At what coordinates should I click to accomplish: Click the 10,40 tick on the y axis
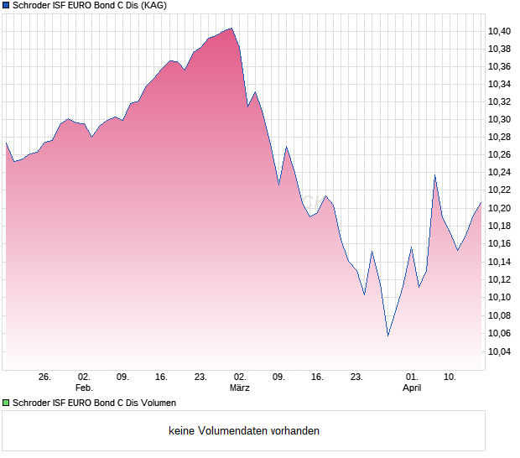click(500, 31)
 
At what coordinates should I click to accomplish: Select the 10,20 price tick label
click(500, 208)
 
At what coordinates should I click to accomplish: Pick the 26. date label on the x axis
click(44, 377)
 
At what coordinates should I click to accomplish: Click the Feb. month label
click(83, 388)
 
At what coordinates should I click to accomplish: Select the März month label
click(240, 388)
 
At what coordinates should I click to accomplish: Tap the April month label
click(412, 388)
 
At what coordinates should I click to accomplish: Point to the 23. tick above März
click(200, 377)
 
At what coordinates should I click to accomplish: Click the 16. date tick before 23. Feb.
click(162, 377)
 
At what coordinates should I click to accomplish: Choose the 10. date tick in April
click(450, 377)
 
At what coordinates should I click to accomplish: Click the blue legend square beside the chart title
click(6, 6)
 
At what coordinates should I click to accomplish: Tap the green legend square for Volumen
click(6, 403)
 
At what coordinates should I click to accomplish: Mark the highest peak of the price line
click(231, 28)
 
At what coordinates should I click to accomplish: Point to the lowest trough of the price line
click(387, 336)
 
